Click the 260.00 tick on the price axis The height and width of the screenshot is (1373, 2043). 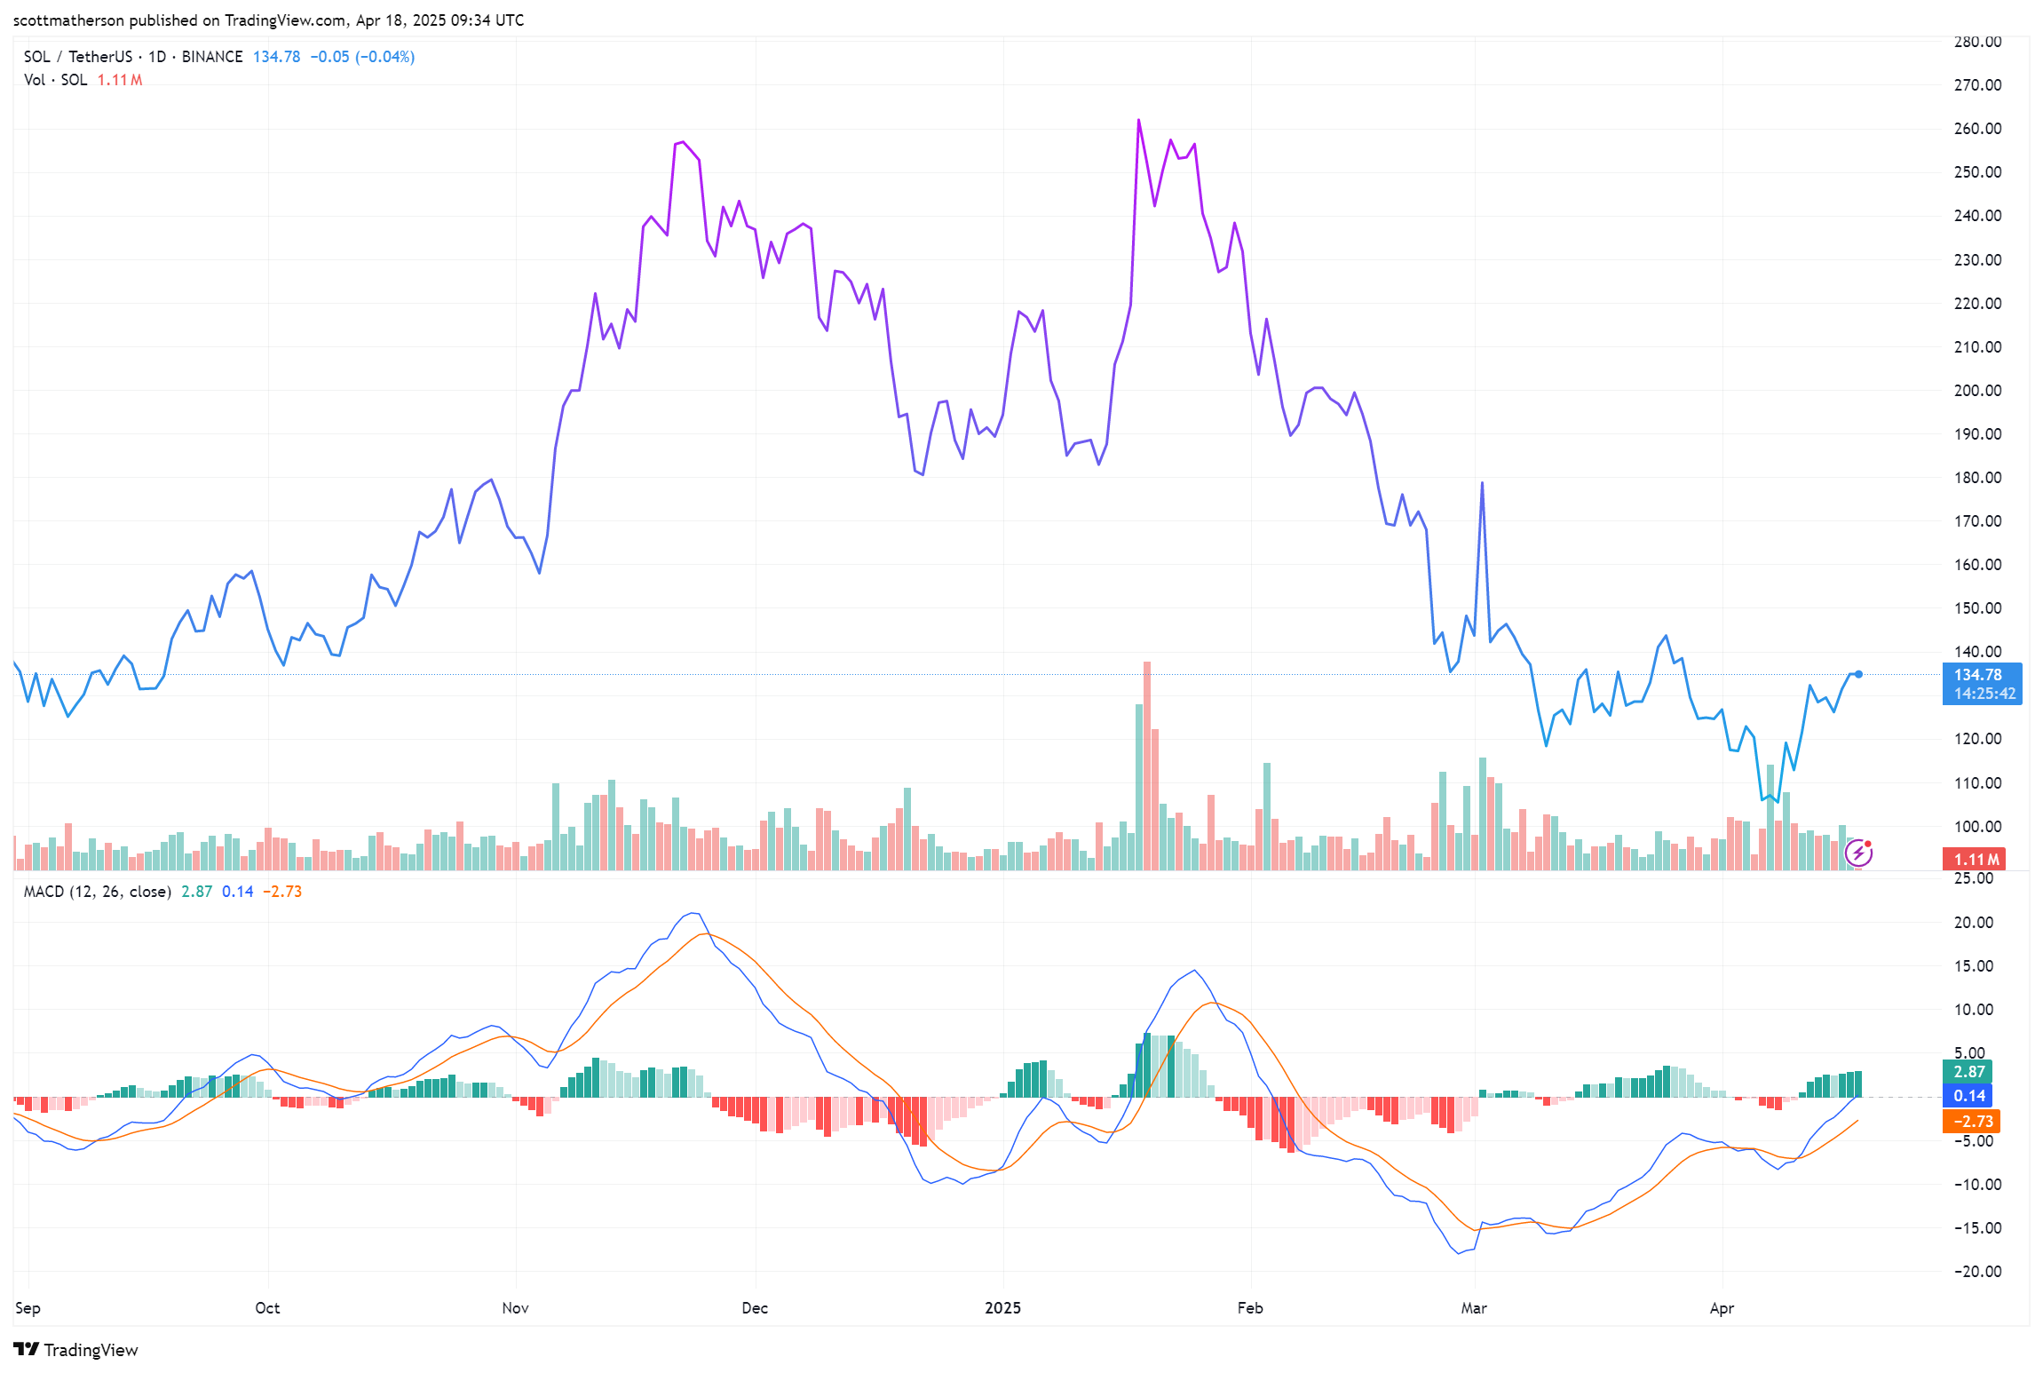point(1977,129)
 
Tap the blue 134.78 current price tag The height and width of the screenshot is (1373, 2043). point(1981,683)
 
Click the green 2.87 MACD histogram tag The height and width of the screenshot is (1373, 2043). point(1968,1072)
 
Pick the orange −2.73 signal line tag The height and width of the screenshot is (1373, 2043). point(1968,1122)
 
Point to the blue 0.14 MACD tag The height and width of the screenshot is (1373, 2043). point(1968,1096)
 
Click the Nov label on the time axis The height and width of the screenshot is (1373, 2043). point(515,1308)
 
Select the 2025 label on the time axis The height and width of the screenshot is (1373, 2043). point(1002,1308)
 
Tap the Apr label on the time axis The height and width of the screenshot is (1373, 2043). point(1722,1308)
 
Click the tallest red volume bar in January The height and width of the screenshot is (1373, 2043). point(1146,764)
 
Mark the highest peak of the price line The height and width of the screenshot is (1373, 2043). point(1138,121)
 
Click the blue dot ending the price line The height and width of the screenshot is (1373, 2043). point(1858,674)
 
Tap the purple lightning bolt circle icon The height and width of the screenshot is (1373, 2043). point(1858,853)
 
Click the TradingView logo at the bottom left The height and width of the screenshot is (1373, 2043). point(76,1350)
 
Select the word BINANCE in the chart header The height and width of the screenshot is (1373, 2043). point(212,57)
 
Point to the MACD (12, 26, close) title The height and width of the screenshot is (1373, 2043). point(97,892)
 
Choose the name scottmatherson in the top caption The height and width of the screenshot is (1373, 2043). point(68,20)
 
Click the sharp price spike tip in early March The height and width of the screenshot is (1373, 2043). point(1482,483)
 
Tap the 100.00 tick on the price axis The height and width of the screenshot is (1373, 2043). point(1977,827)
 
